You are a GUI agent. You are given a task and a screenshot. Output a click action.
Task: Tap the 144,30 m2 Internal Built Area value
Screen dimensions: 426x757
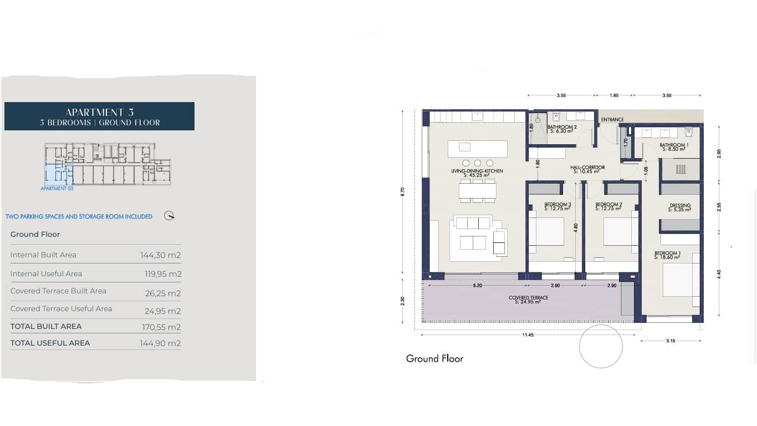160,255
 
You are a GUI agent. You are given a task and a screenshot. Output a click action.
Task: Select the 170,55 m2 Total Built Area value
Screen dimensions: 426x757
161,327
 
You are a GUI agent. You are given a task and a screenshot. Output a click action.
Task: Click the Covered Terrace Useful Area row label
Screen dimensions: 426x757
61,309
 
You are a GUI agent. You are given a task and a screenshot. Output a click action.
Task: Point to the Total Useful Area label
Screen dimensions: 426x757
50,343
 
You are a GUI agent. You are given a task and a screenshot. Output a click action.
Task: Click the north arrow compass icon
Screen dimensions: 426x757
170,216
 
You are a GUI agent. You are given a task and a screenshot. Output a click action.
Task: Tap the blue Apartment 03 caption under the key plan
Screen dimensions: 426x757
57,189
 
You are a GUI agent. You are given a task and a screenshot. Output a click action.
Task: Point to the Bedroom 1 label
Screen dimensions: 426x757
667,255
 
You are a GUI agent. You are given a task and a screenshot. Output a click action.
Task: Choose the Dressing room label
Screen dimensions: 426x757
679,207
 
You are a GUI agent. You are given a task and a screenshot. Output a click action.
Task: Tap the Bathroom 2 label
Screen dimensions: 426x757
562,129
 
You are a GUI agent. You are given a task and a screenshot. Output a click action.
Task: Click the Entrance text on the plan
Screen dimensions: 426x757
612,119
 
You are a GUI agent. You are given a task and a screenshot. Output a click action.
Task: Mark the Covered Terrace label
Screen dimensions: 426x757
528,300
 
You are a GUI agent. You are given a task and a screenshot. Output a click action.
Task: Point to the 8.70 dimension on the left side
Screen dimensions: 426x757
402,191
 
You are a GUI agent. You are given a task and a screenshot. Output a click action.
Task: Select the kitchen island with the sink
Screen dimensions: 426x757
478,148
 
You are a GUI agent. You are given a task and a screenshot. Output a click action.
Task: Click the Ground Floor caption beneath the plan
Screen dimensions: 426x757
434,359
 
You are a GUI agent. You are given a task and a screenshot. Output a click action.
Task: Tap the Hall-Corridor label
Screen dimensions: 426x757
587,169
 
